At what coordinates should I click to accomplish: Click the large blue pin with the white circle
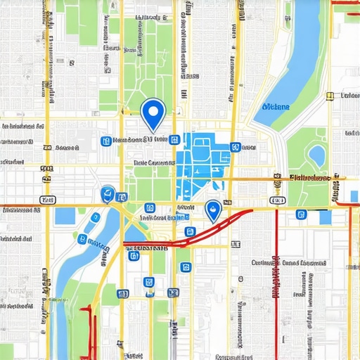tap(153, 112)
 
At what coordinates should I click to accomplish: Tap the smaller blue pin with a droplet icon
tap(212, 208)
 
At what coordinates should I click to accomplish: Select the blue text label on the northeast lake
tap(274, 107)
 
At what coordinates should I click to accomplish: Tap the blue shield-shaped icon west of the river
tap(108, 193)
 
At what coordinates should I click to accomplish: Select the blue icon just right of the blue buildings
tap(235, 147)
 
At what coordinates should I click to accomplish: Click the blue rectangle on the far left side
tap(64, 215)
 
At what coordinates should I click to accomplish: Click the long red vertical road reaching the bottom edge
tap(276, 281)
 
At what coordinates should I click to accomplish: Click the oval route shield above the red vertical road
tap(277, 201)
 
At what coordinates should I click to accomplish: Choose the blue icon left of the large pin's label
tap(106, 141)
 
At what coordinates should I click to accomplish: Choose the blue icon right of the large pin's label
tap(173, 139)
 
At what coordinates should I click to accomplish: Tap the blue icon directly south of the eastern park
tap(302, 214)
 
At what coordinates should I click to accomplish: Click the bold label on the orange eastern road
tap(309, 179)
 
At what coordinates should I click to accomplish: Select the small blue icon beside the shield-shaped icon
tap(122, 197)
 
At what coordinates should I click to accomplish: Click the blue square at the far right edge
tap(354, 195)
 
